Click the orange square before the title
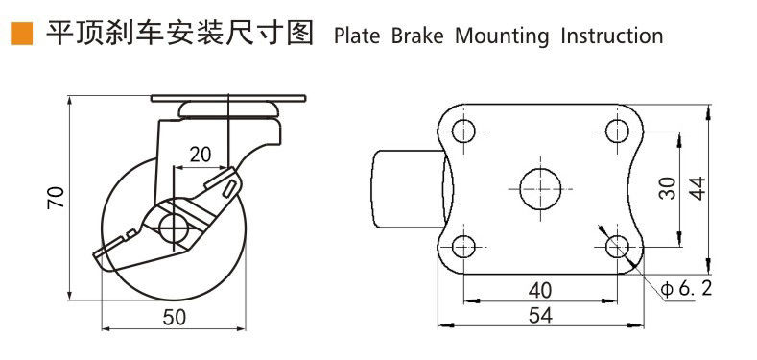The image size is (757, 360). click(21, 34)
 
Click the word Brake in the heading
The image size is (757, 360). click(417, 36)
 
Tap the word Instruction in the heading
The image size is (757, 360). click(612, 36)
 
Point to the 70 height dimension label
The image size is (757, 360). click(57, 197)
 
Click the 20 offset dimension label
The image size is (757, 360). click(201, 155)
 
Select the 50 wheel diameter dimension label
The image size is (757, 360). click(175, 318)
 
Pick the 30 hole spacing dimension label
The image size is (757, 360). click(667, 188)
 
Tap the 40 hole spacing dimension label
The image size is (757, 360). click(540, 291)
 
